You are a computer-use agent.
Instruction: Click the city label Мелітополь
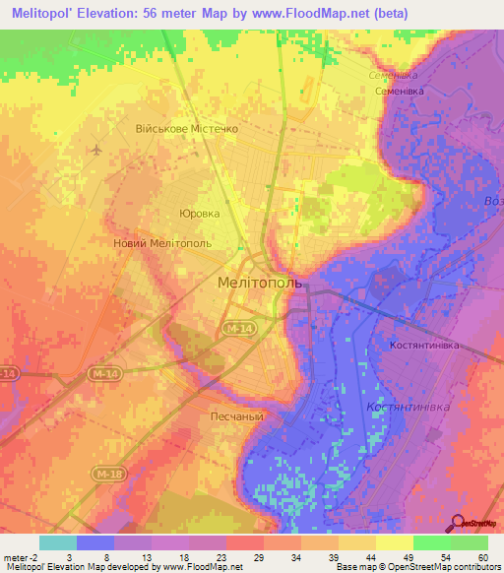click(x=261, y=283)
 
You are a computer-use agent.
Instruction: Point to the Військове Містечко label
click(x=187, y=129)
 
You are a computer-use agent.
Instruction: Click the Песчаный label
click(x=234, y=416)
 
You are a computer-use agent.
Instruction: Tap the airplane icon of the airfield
click(x=95, y=151)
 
